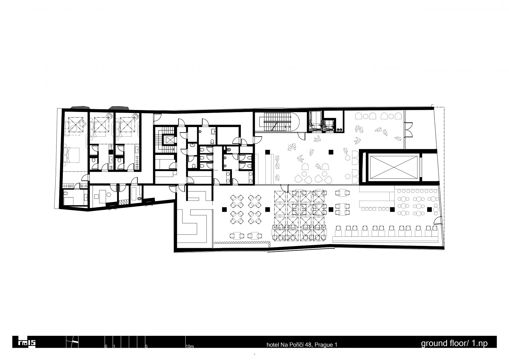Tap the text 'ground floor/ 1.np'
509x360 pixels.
click(x=454, y=343)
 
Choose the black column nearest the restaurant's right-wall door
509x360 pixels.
click(x=429, y=209)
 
